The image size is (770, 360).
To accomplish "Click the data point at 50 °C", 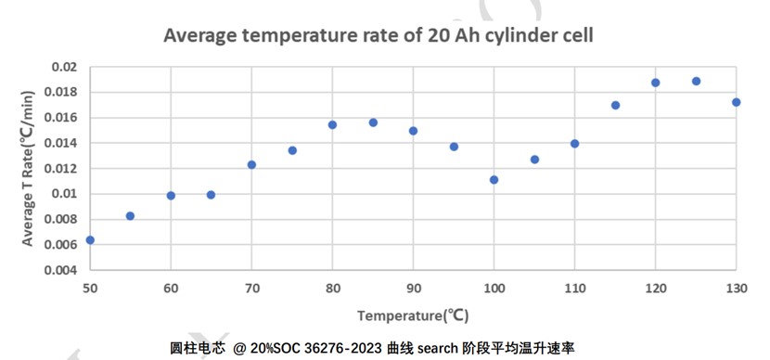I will click(90, 239).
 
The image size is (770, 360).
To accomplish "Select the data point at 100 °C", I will click(494, 180).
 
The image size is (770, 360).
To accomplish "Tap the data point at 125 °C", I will click(696, 81).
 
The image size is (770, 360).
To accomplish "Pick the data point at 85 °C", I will click(373, 122).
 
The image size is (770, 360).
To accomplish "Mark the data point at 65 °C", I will click(211, 195).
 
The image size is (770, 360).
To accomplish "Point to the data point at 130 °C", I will click(736, 102).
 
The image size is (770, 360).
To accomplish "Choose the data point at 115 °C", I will click(615, 105).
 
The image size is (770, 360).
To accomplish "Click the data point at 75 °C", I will click(292, 150).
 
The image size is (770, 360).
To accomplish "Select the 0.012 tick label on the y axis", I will click(60, 169).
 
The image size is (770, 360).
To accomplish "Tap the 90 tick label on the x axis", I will click(413, 287).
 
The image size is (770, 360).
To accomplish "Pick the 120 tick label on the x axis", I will click(655, 287).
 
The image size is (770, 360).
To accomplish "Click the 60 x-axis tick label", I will click(171, 287).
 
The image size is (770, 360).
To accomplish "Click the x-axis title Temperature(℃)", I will click(413, 315).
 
